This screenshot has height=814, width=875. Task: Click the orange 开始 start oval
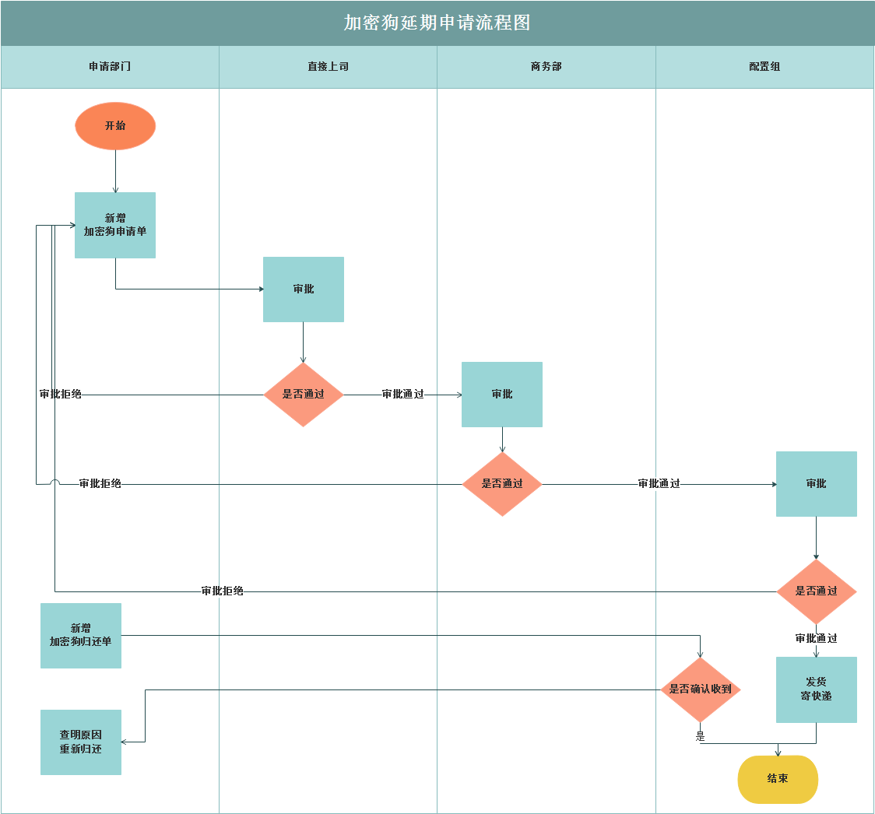click(115, 126)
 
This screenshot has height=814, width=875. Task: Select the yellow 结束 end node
click(778, 779)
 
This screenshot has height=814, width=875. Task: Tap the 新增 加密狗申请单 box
click(115, 225)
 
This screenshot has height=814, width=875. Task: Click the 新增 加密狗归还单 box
click(81, 635)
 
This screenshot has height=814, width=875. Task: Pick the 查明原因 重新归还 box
click(81, 742)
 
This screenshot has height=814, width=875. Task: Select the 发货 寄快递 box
click(816, 689)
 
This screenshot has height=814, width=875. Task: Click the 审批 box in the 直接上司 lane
click(304, 289)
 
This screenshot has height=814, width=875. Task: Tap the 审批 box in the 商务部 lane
click(502, 395)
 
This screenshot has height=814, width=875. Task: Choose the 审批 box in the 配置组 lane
click(816, 484)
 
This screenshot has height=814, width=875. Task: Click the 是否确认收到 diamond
click(700, 689)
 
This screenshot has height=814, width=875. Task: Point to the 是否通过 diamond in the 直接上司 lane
click(304, 395)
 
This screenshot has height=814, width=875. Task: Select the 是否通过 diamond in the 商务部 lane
click(502, 484)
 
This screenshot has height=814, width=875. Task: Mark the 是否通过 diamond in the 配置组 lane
click(816, 591)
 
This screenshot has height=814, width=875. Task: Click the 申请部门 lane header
click(110, 67)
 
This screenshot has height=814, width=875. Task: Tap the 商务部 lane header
click(546, 67)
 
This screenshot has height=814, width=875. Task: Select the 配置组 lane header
click(764, 67)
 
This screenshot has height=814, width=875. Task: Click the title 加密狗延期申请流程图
click(437, 23)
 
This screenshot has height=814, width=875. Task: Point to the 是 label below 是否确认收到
click(700, 735)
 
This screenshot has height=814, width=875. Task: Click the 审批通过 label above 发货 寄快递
click(816, 638)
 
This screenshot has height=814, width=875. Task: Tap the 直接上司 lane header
click(328, 67)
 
